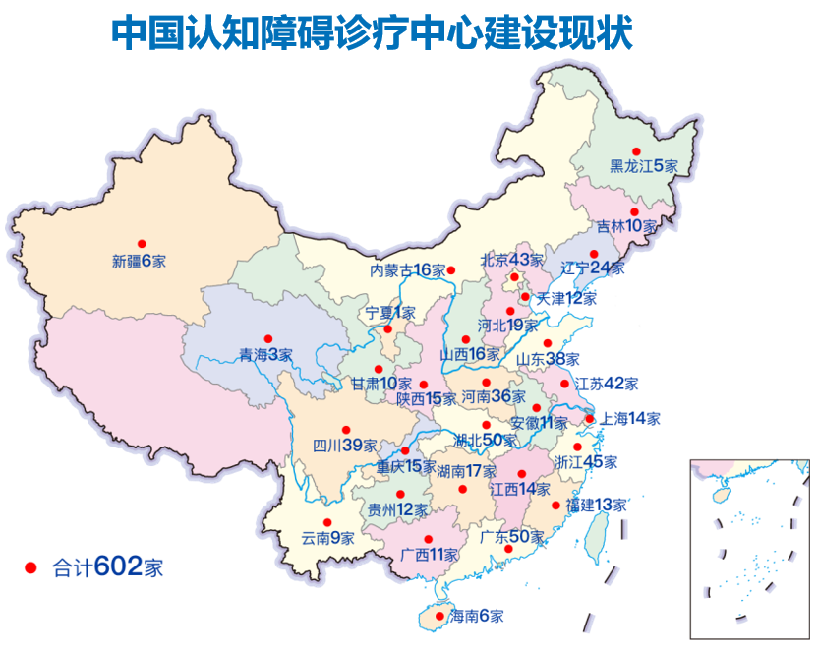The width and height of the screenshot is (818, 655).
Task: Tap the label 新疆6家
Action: [139, 262]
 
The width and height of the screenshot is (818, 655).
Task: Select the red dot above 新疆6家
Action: [142, 243]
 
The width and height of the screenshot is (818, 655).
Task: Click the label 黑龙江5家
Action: [644, 166]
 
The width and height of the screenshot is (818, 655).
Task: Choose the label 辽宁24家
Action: [592, 268]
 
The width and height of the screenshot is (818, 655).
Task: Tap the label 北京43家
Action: [511, 261]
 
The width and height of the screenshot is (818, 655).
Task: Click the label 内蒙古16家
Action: [407, 270]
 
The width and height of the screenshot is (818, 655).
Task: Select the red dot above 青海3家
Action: [268, 337]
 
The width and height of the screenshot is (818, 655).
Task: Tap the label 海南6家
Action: [477, 617]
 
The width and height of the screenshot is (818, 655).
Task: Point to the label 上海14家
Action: [630, 418]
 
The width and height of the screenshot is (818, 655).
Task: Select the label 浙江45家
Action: [586, 461]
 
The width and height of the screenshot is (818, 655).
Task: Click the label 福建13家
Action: [596, 505]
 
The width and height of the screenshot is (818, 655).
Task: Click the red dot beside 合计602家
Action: [30, 568]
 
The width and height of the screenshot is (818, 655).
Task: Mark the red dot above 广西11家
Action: [429, 538]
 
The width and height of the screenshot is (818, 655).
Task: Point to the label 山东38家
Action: [548, 359]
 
